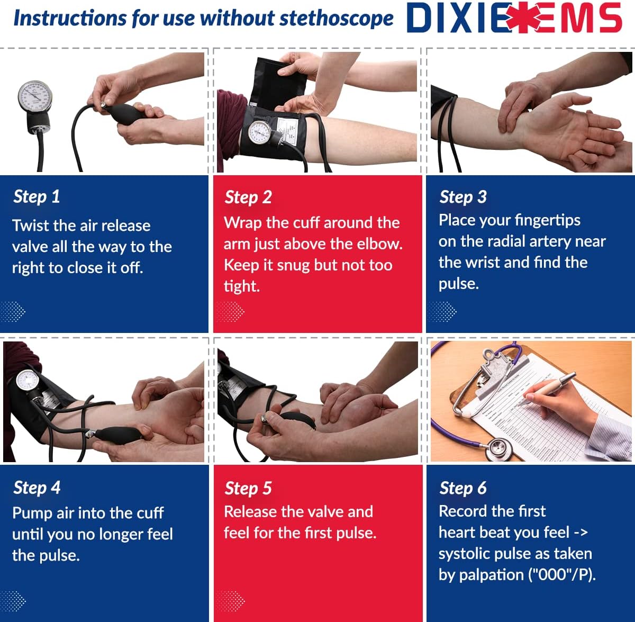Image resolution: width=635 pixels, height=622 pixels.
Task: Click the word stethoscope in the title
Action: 337,19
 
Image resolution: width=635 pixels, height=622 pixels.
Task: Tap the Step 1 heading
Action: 37,196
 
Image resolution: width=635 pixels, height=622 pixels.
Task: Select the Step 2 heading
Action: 248,197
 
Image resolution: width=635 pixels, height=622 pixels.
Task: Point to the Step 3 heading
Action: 462,196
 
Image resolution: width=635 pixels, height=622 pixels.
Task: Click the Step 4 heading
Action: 37,487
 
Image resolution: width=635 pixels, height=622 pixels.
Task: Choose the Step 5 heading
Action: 248,488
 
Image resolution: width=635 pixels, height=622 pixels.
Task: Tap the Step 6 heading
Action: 462,488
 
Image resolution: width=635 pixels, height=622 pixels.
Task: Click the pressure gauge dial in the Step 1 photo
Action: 35,97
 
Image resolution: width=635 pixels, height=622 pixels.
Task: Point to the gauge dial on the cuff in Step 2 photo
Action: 260,132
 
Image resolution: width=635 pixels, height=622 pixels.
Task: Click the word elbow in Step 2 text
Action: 381,244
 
